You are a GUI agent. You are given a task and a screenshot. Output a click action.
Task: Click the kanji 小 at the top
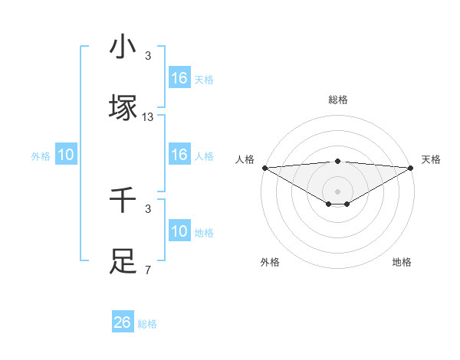pyautogui.click(x=123, y=47)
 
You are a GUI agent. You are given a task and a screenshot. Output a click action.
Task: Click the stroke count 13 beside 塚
pyautogui.click(x=148, y=117)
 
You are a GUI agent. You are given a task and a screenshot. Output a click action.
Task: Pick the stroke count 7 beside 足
pyautogui.click(x=148, y=270)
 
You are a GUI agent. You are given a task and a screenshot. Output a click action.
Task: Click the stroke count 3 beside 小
pyautogui.click(x=148, y=56)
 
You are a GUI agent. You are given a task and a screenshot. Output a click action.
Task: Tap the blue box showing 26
pyautogui.click(x=123, y=322)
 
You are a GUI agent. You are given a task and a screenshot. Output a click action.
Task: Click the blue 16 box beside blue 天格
pyautogui.click(x=179, y=78)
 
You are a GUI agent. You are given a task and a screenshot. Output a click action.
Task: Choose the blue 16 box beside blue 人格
pyautogui.click(x=179, y=155)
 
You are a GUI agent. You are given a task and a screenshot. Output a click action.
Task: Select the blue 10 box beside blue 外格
pyautogui.click(x=66, y=155)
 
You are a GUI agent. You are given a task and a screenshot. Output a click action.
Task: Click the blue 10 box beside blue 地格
pyautogui.click(x=179, y=231)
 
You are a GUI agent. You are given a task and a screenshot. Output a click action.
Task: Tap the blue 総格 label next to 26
pyautogui.click(x=147, y=324)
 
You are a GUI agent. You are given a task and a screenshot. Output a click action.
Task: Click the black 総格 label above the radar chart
pyautogui.click(x=337, y=100)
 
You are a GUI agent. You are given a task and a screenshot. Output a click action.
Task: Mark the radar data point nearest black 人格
pyautogui.click(x=264, y=168)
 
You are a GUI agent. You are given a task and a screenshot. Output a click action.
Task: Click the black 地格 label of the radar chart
pyautogui.click(x=402, y=262)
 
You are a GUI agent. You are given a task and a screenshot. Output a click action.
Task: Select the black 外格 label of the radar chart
pyautogui.click(x=269, y=262)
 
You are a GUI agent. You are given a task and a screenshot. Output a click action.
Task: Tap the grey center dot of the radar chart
pyautogui.click(x=337, y=191)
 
